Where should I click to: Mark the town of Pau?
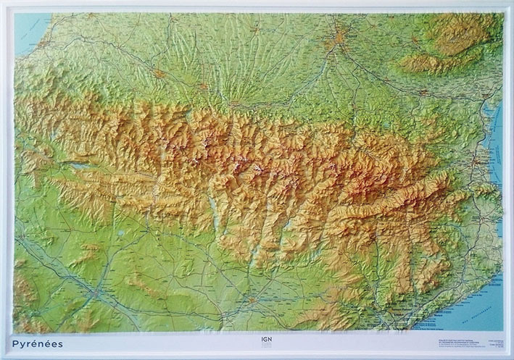coord(161,73)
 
